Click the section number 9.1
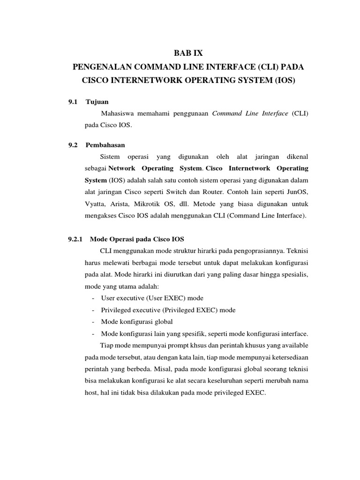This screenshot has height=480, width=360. tap(73, 101)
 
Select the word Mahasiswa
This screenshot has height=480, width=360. tap(120, 114)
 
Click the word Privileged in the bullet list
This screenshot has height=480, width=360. tap(116, 310)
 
